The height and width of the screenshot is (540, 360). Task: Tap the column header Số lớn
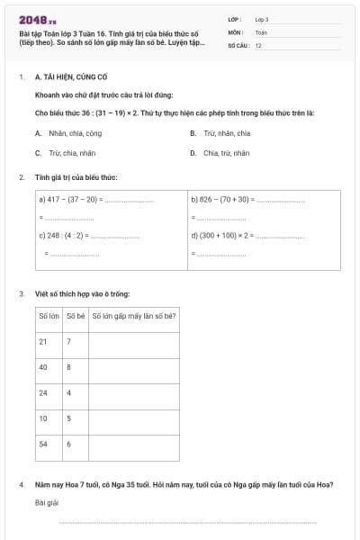(x=49, y=317)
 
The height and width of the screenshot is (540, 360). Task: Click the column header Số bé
(x=76, y=317)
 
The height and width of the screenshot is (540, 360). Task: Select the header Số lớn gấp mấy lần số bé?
(x=134, y=317)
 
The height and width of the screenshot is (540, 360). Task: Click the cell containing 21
(x=43, y=342)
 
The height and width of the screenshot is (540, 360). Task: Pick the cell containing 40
(x=43, y=367)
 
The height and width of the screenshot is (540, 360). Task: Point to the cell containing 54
(x=43, y=444)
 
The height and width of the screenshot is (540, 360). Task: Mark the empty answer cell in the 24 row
(x=134, y=393)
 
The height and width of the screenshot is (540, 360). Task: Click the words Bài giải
(x=47, y=502)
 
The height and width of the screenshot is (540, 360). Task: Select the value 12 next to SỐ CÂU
(x=258, y=45)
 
